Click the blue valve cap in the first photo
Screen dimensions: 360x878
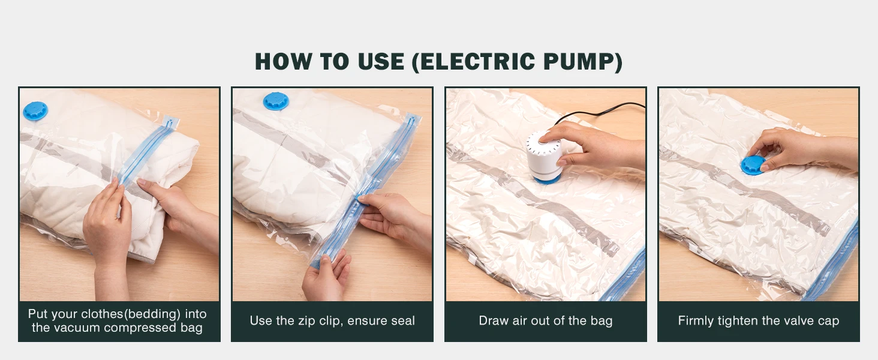click(35, 110)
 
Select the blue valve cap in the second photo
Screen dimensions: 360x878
click(276, 101)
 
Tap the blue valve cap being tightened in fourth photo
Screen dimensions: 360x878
click(752, 165)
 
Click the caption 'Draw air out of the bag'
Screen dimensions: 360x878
click(545, 321)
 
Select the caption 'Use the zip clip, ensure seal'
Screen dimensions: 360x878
click(332, 321)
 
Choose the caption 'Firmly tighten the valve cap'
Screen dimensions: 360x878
click(758, 321)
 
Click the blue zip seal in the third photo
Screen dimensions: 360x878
click(627, 276)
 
